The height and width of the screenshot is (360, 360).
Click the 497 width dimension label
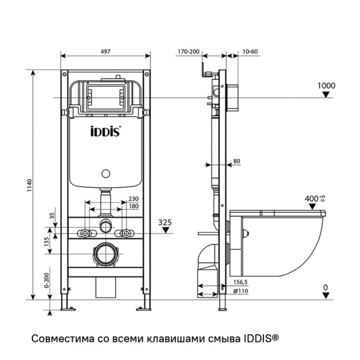[x=105, y=51]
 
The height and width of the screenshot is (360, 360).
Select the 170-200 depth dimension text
[x=188, y=51]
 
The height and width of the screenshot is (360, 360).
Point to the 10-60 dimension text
[x=250, y=51]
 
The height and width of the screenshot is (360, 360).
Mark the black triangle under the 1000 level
[x=327, y=94]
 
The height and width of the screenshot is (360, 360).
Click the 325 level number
[x=166, y=222]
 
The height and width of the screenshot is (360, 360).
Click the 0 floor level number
[x=326, y=287]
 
